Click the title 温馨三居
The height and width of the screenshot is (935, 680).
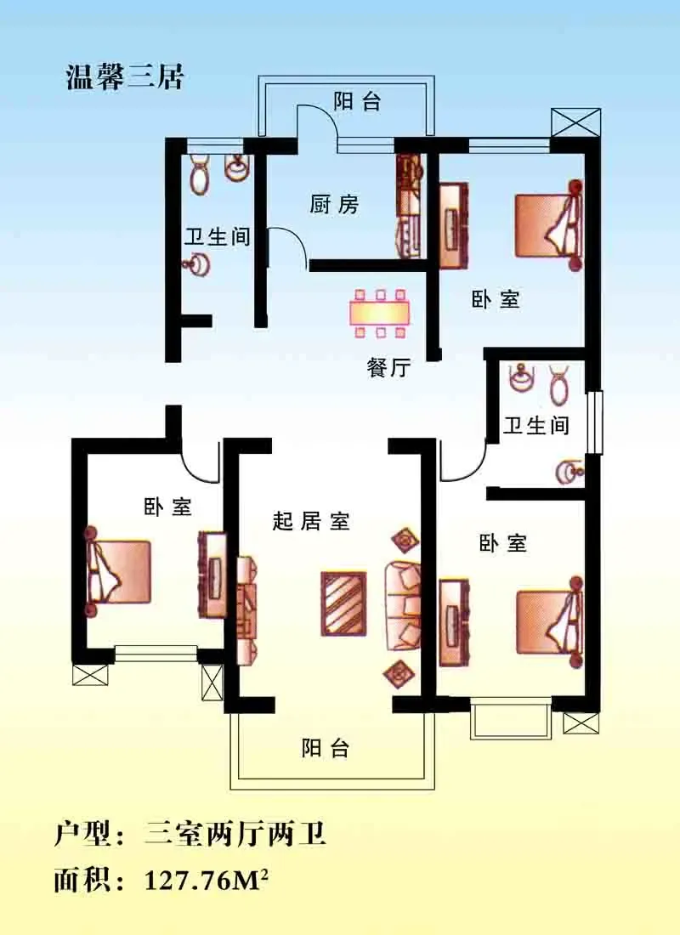pos(125,77)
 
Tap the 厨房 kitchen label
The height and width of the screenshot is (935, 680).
pos(334,205)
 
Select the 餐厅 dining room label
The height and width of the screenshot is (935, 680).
pos(389,367)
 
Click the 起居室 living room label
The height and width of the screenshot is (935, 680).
pos(311,520)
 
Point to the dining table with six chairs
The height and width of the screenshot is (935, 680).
pos(380,313)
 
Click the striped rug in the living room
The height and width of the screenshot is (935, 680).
pos(343,603)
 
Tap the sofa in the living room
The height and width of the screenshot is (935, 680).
pos(403,605)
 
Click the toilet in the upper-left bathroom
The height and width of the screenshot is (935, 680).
pos(199,173)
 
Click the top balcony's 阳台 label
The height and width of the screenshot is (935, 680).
pos(357,101)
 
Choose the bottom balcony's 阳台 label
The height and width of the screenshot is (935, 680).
pos(325,748)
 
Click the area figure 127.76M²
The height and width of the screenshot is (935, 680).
pos(207,880)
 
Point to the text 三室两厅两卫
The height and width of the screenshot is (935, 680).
pos(235,833)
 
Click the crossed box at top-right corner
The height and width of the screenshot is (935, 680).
pos(575,123)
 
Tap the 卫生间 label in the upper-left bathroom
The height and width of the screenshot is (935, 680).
pos(217,237)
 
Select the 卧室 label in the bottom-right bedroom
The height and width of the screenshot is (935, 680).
pos(503,543)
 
